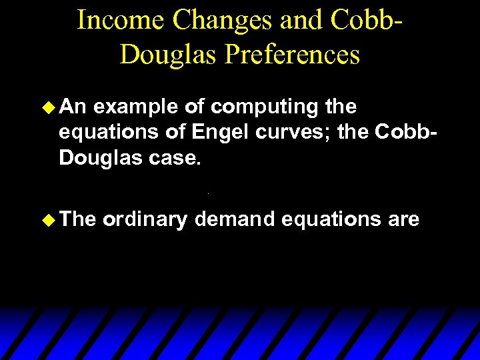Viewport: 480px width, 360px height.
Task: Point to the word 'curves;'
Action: click(x=296, y=133)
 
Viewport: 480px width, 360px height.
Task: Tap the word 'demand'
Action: click(x=234, y=221)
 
